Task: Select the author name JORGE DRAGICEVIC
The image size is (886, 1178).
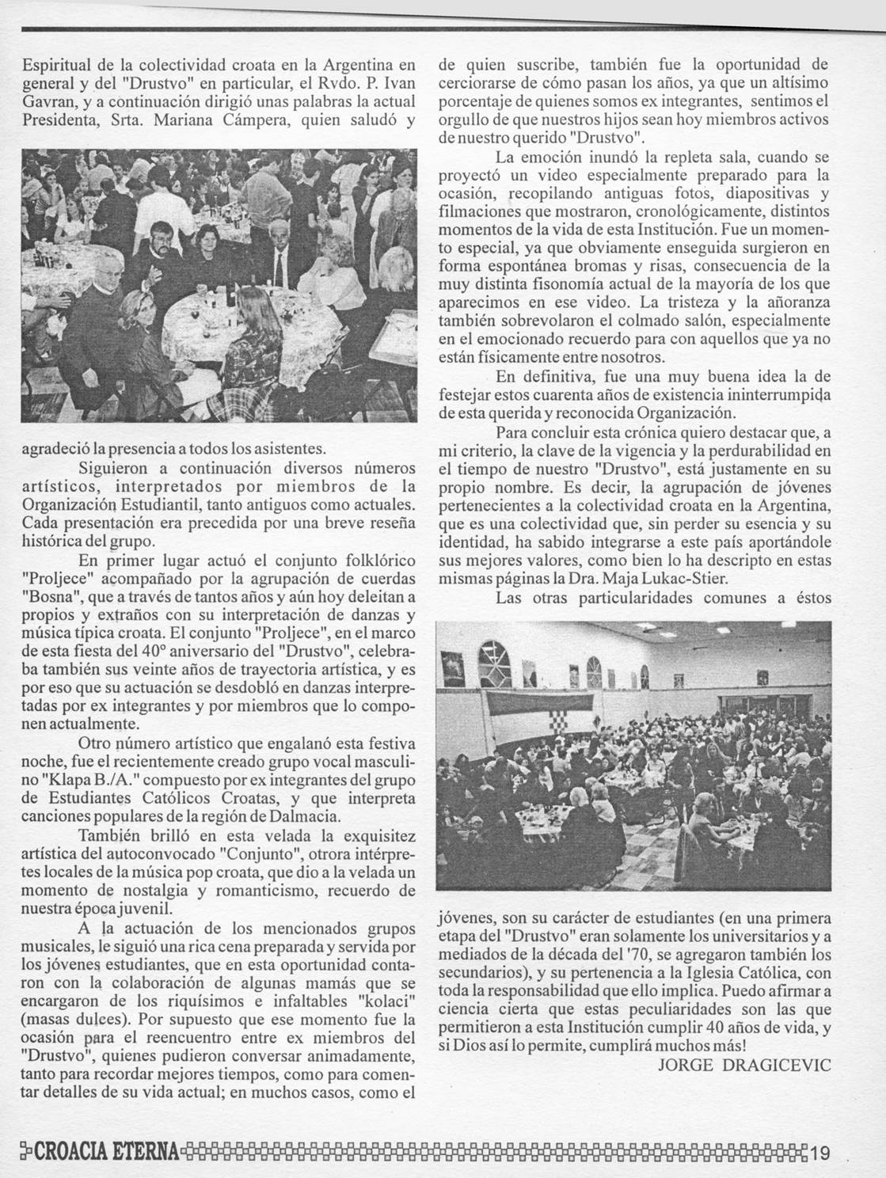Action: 744,1065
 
